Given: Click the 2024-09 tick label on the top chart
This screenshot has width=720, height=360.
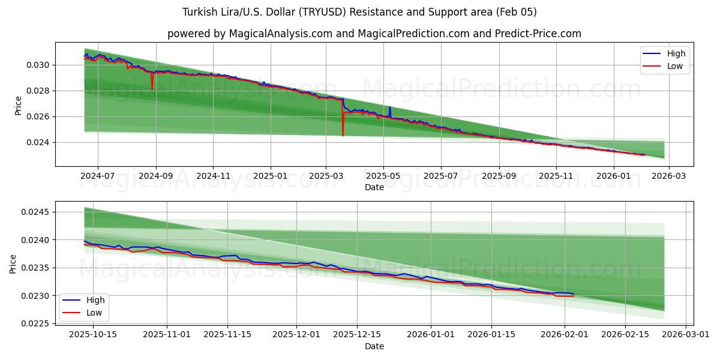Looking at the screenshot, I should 156,176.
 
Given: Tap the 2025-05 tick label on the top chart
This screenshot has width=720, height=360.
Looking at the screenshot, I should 383,176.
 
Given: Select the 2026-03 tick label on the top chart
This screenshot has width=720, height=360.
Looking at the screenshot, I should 669,176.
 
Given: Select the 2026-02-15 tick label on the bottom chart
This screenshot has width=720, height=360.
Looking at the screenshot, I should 625,335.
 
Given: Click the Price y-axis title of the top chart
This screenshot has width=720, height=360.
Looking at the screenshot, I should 18,106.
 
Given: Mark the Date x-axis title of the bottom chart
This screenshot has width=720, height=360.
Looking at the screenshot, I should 374,346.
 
